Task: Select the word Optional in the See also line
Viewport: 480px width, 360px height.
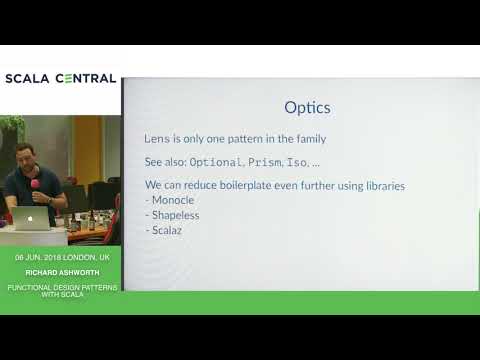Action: tap(215, 161)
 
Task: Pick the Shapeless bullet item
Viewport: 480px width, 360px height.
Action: tap(176, 214)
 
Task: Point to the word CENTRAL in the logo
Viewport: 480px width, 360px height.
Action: tap(84, 78)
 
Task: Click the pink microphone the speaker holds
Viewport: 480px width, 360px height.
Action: tap(36, 185)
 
